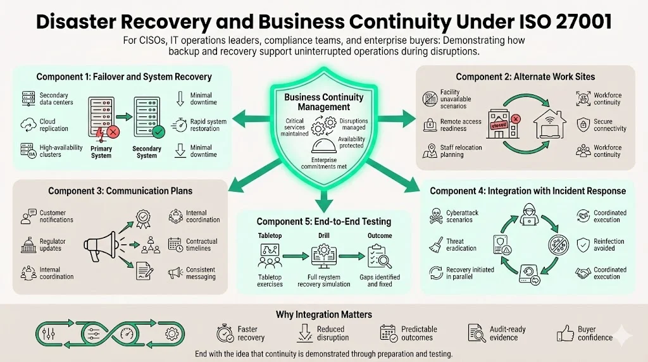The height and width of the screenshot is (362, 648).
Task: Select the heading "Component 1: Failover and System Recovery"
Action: point(123,77)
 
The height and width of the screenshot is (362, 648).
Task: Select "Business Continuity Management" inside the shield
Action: point(324,103)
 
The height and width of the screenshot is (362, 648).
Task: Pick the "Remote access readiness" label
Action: point(461,125)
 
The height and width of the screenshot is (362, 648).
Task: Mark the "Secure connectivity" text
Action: point(609,125)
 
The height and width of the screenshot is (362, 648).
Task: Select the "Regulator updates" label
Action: point(53,245)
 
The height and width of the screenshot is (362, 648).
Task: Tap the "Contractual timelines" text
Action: point(201,245)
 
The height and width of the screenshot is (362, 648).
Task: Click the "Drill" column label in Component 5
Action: point(323,235)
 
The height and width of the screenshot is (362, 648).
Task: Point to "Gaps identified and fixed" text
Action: point(380,280)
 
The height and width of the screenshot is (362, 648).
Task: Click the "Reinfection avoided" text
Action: point(609,245)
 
